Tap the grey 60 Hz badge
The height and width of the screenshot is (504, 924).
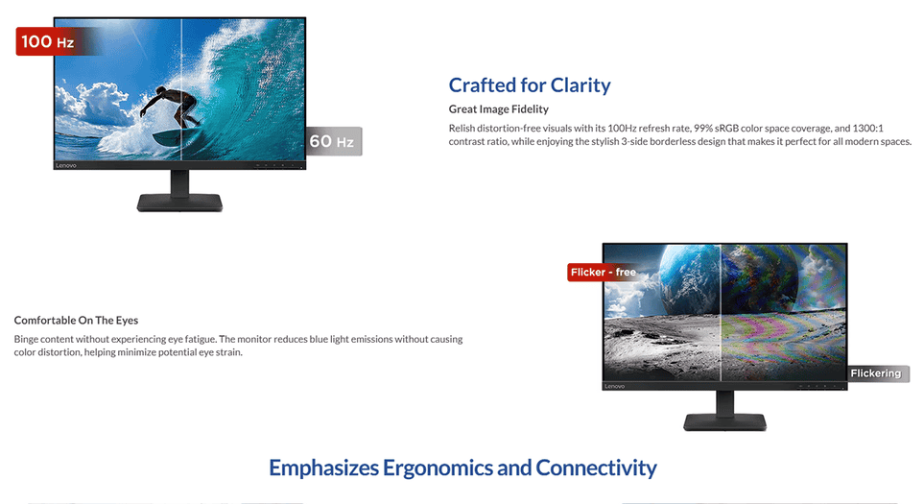click(333, 141)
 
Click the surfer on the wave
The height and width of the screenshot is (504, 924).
click(172, 108)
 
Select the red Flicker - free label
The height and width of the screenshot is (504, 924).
click(603, 273)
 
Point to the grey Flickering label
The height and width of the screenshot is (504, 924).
click(876, 373)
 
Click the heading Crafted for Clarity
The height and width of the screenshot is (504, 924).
click(530, 84)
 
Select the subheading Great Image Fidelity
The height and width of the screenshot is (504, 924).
click(499, 109)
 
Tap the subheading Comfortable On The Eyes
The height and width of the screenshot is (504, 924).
click(76, 320)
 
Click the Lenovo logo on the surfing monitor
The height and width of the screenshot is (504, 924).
click(66, 166)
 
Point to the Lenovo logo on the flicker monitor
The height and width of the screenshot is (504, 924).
click(615, 386)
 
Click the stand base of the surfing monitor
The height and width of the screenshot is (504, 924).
click(179, 203)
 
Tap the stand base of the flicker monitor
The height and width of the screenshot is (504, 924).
click(724, 421)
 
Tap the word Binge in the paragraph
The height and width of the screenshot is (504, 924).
click(26, 340)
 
